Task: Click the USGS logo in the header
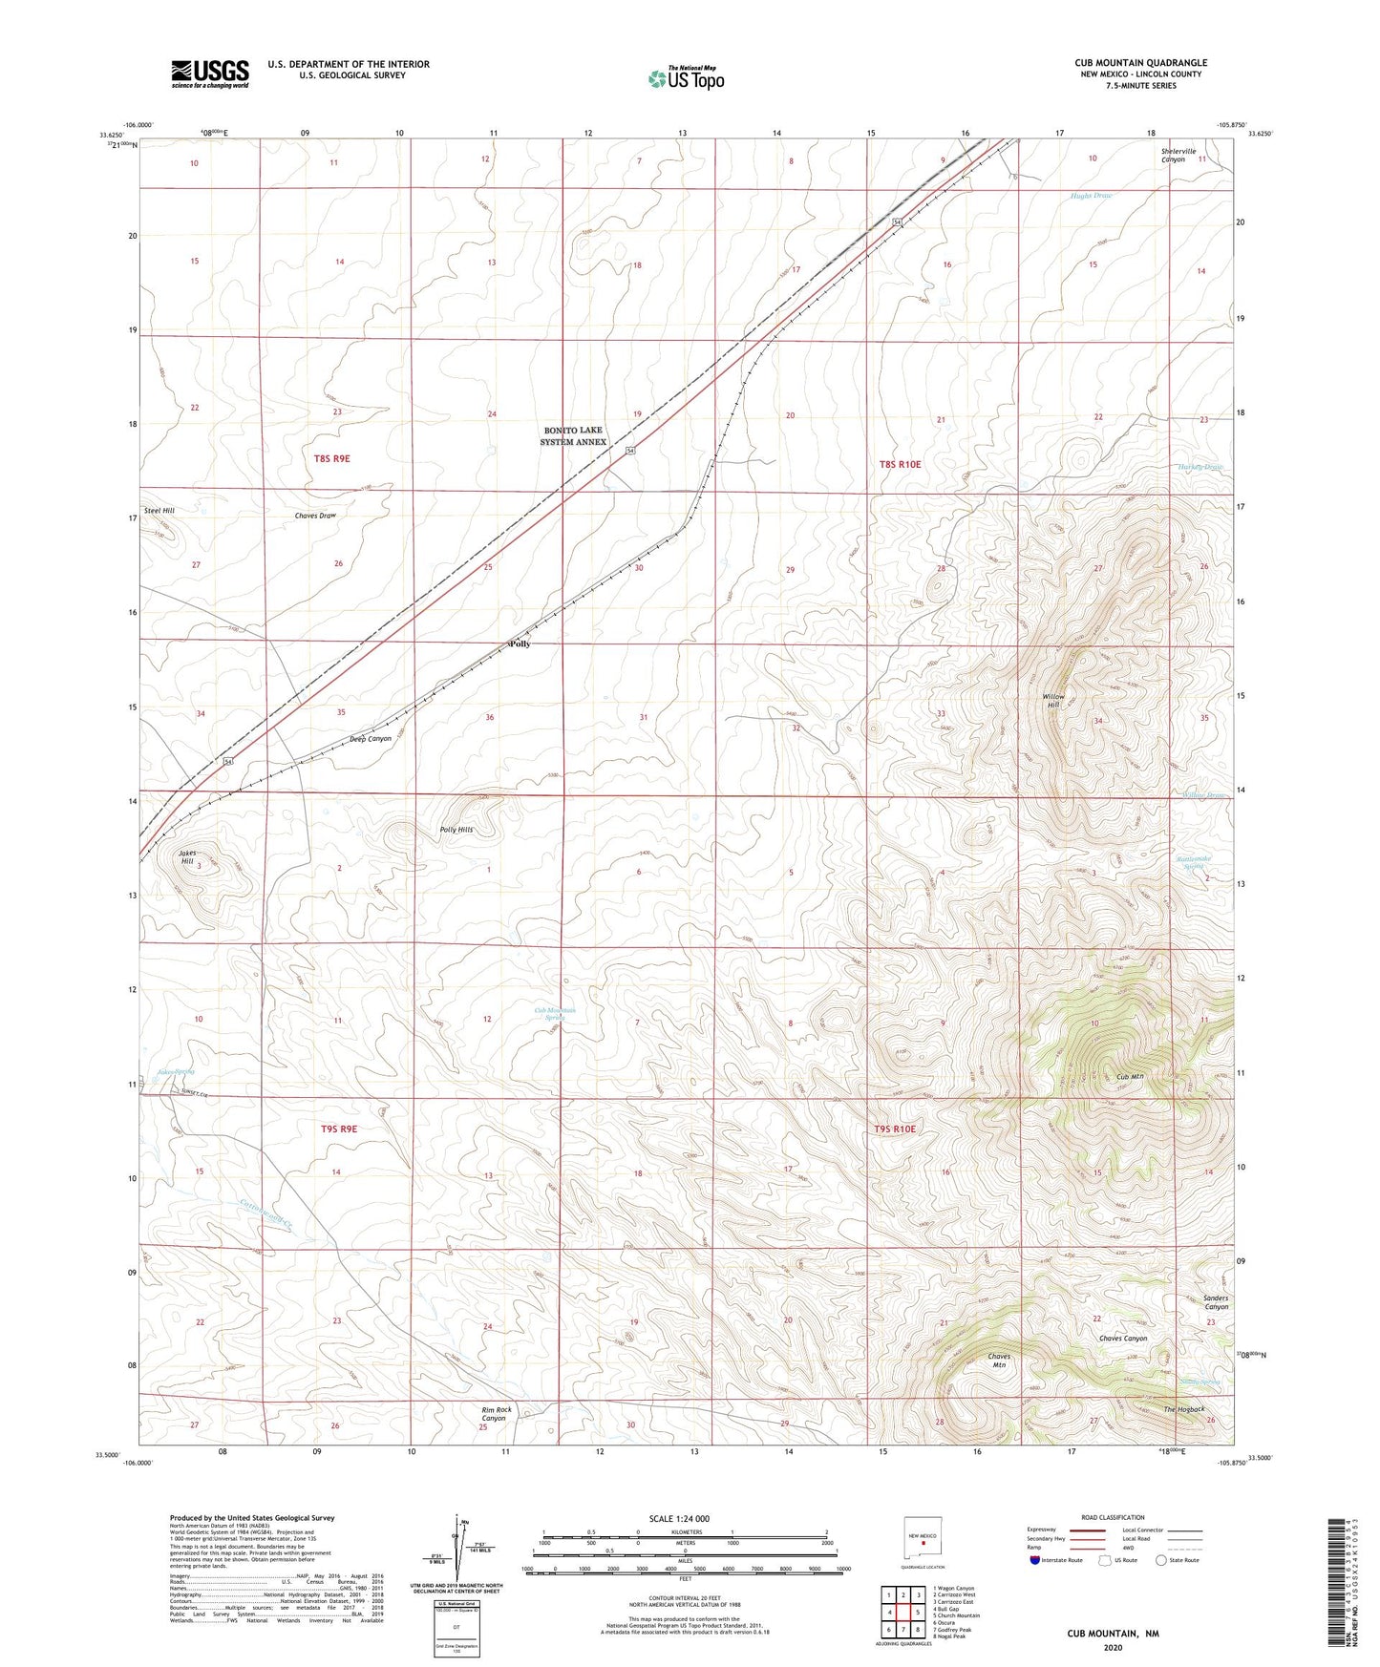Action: [x=209, y=74]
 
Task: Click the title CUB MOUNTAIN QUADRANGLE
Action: [x=1140, y=63]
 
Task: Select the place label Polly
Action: [x=520, y=644]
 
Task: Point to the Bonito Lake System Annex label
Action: [x=573, y=436]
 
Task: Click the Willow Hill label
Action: [x=1052, y=701]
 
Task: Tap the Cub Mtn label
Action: [x=1130, y=1077]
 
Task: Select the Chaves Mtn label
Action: [x=998, y=1361]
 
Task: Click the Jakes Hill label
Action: [x=188, y=857]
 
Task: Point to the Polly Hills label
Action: [x=456, y=830]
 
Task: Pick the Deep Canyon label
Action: [x=370, y=739]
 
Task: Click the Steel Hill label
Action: [x=159, y=511]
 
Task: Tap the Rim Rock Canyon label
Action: [x=496, y=1414]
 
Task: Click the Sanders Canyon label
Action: [x=1215, y=1302]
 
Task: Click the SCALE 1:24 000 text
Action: [x=679, y=1519]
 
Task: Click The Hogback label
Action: [x=1183, y=1409]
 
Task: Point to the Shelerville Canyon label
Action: [x=1173, y=155]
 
